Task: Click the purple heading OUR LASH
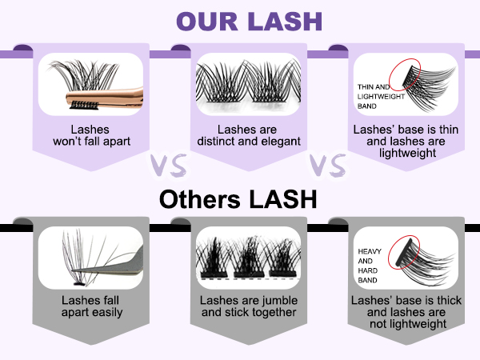239,20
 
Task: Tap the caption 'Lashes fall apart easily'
92,306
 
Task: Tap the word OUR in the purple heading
204,20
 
